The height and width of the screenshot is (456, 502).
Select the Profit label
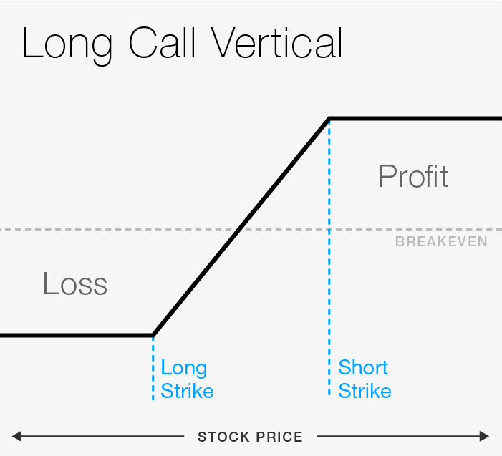click(413, 176)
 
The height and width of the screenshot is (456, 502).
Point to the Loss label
click(75, 284)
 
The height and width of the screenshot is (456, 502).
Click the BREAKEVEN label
click(441, 242)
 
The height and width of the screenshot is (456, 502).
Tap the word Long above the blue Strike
click(184, 369)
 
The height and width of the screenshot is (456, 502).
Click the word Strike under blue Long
click(187, 392)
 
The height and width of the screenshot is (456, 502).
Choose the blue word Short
click(363, 368)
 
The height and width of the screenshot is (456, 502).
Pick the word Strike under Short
click(365, 392)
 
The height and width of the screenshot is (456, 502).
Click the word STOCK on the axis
click(223, 437)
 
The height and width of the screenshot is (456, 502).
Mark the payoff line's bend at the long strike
click(153, 335)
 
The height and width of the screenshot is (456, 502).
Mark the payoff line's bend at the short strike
click(329, 118)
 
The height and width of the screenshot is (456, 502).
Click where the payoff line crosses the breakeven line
click(239, 229)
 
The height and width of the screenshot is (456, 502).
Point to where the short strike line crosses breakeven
click(329, 229)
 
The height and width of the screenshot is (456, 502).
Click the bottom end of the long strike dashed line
click(153, 398)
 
